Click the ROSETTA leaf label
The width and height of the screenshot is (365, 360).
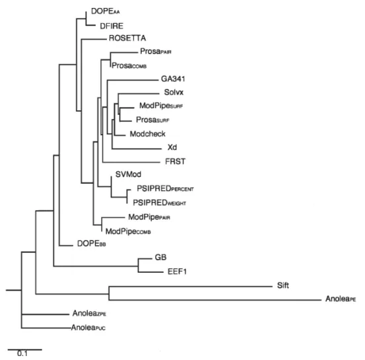tap(127, 38)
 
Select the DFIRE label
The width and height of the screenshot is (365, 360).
tap(112, 26)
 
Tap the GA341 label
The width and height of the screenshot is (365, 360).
tap(173, 79)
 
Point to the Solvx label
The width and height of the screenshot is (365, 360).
tap(174, 92)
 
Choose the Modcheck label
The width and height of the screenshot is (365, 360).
tap(148, 133)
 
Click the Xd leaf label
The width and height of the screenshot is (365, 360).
tap(172, 147)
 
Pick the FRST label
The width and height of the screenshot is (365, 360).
tap(175, 161)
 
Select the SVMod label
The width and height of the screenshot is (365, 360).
tap(128, 174)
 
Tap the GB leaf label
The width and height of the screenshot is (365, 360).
tap(160, 257)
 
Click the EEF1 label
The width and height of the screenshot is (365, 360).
tap(177, 271)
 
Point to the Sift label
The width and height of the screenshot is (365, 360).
tap(283, 285)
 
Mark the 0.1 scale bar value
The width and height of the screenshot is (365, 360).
tap(22, 353)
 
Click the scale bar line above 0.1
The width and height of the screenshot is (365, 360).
tap(25, 349)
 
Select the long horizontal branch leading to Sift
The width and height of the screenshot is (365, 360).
tap(190, 287)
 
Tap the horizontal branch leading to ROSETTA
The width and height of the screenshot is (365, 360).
tap(94, 39)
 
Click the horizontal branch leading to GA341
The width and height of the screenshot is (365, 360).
tap(133, 80)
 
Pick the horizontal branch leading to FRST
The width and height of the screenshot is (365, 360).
tap(131, 162)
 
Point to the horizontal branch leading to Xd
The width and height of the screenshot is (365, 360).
tap(137, 149)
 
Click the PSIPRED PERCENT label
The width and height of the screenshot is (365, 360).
tap(165, 188)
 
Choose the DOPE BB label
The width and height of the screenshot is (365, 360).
tap(92, 244)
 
